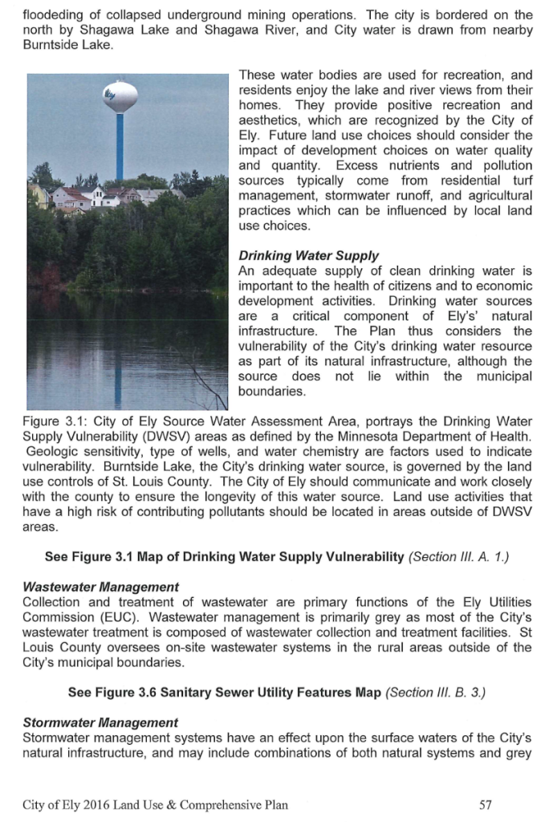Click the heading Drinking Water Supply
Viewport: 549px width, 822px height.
308,256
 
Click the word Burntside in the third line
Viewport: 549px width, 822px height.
48,46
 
